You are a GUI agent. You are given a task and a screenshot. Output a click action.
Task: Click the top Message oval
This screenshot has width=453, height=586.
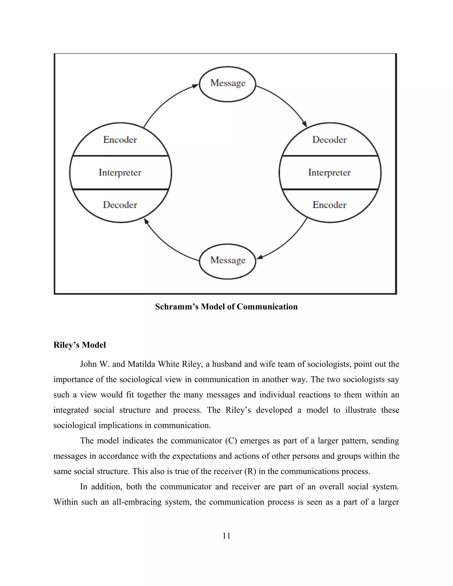coord(228,84)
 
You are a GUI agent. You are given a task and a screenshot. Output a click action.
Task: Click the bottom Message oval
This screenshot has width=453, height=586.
coord(228,261)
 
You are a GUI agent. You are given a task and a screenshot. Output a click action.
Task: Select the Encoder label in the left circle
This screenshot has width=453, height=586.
coord(120,140)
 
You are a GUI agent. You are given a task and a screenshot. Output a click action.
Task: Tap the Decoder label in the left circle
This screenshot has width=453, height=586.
coord(120,205)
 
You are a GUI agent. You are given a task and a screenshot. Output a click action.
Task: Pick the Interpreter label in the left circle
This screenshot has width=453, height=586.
coord(120,172)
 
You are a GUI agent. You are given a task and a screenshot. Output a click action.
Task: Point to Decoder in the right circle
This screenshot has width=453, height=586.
coord(329,140)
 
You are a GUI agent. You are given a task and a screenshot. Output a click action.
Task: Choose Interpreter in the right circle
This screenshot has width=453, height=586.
coord(329,172)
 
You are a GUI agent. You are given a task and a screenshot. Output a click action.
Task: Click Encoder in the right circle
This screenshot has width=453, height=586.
coord(329,205)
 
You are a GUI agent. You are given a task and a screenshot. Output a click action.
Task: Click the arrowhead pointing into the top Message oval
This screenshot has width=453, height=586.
coord(195,86)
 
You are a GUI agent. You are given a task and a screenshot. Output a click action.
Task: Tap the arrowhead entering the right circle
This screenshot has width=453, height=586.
coord(305,124)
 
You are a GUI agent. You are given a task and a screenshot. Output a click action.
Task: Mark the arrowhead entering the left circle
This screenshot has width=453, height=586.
coord(146,221)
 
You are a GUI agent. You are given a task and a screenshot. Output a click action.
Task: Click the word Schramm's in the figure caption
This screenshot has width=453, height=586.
coord(177,307)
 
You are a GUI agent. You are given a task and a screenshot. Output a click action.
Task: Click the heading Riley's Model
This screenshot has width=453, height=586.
coord(80,345)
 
